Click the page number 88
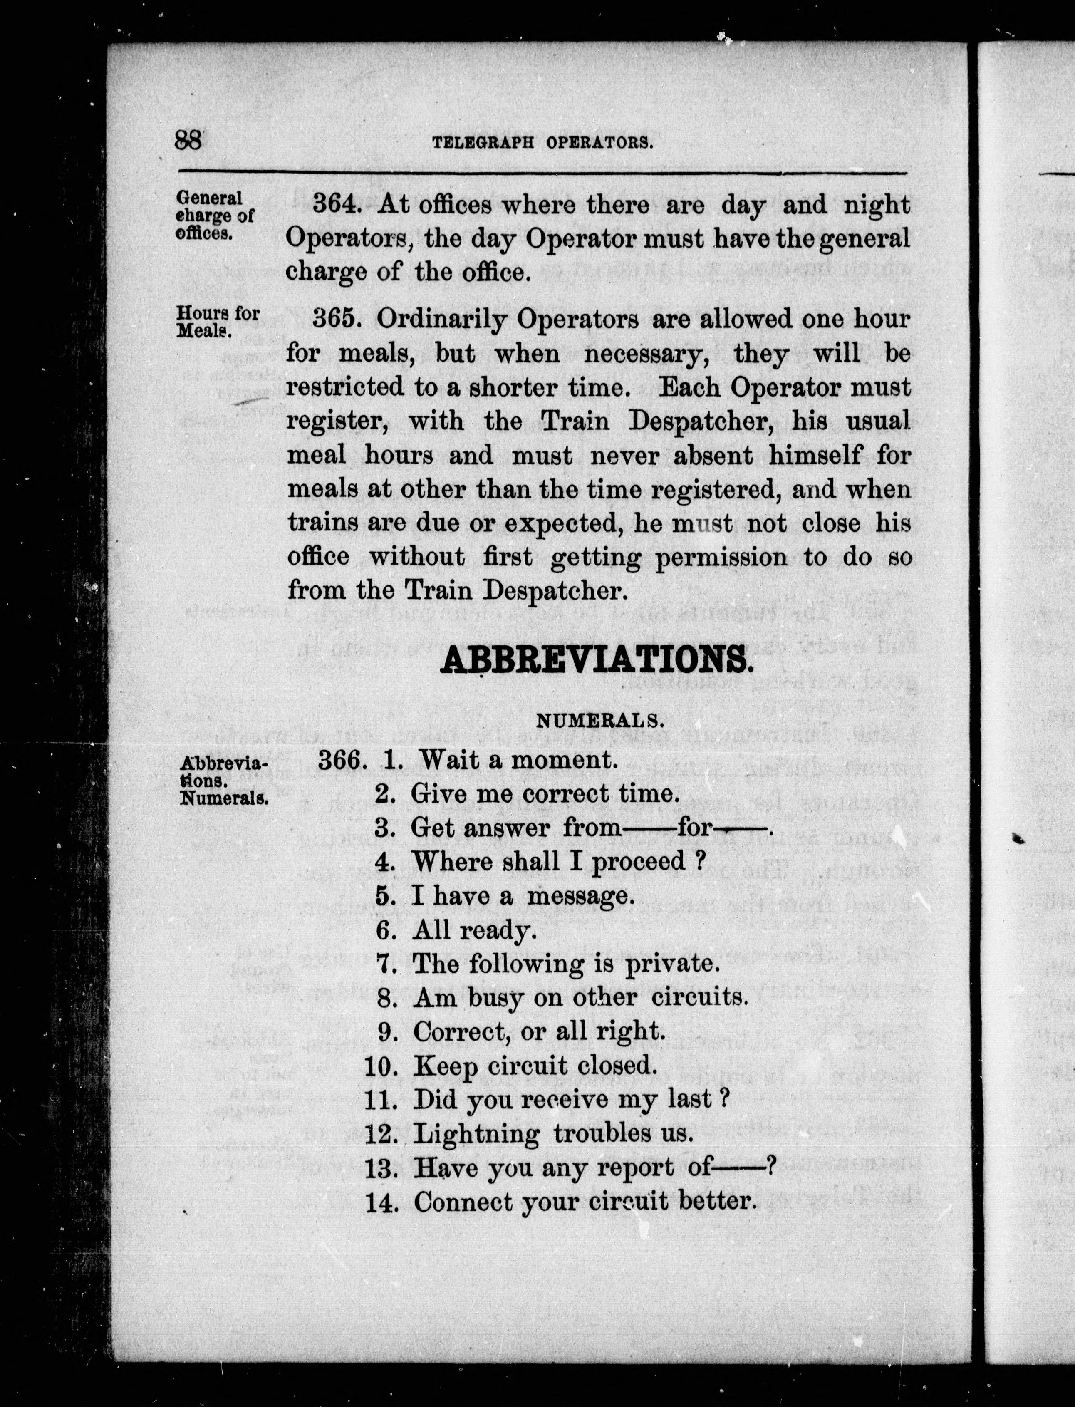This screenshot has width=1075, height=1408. [188, 139]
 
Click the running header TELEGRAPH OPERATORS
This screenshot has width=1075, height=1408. [542, 142]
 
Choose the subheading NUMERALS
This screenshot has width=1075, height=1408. [599, 721]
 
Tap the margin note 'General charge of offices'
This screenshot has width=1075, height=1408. [214, 215]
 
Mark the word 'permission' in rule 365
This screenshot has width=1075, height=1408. [721, 557]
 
